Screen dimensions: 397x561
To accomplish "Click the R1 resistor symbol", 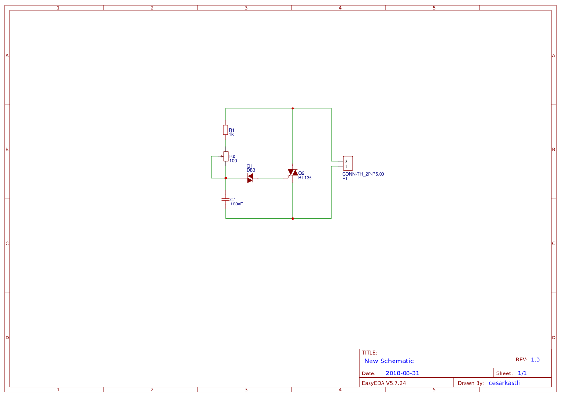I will pos(226,130).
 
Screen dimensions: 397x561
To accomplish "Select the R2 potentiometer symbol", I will pos(226,156).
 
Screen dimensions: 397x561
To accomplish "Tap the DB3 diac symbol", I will pos(250,178).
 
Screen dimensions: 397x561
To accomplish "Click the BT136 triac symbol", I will pos(293,172).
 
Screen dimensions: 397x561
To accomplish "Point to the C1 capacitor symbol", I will pos(226,199).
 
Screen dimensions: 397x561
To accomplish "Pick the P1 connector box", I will pos(348,164).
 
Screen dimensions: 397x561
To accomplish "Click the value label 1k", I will pos(231,134).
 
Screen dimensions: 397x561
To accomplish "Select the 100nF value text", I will pos(237,204).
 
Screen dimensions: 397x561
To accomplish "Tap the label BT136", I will pos(305,178).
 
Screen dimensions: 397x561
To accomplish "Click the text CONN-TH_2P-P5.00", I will pos(363,174).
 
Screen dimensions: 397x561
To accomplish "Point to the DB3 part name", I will pos(251,170).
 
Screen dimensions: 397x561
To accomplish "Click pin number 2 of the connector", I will pos(346,161).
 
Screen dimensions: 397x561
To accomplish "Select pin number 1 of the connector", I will pos(346,167).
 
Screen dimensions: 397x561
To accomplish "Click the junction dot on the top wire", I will pos(293,108).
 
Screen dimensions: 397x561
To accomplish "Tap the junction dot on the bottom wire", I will pos(293,218).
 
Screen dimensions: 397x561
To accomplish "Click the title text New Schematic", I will pos(389,361).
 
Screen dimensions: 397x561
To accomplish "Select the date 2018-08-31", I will pos(402,373).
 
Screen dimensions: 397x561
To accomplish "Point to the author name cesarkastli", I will pos(504,383).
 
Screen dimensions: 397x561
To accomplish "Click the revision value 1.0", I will pos(535,360).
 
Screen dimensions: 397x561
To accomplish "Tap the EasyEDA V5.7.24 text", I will pos(383,383).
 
